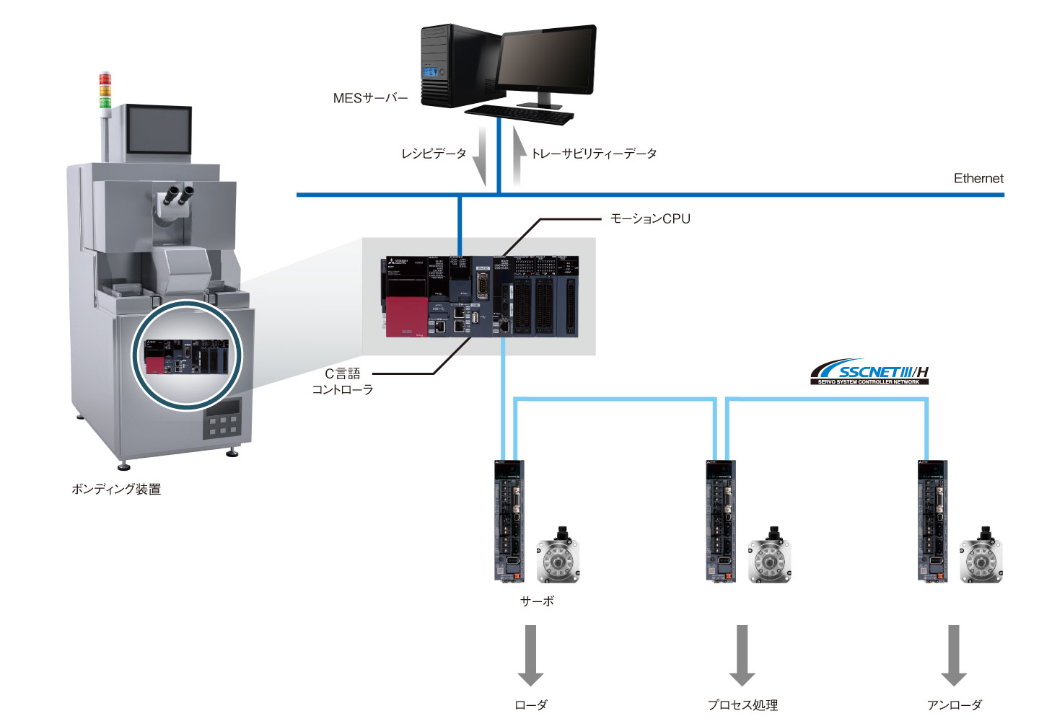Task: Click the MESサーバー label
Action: click(x=370, y=98)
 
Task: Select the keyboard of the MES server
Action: click(x=519, y=114)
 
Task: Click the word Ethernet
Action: click(x=978, y=178)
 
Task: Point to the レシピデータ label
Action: click(x=434, y=154)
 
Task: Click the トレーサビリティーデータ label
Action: click(x=594, y=154)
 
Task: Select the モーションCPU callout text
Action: click(x=650, y=218)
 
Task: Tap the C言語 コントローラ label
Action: click(x=343, y=381)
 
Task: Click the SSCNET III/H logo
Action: click(x=869, y=372)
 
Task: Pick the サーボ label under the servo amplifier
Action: click(x=537, y=601)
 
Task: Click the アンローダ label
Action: click(x=954, y=704)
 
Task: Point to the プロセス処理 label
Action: click(x=742, y=704)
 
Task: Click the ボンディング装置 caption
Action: click(x=116, y=489)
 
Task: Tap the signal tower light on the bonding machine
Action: click(x=105, y=90)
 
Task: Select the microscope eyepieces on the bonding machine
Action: click(x=180, y=194)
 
